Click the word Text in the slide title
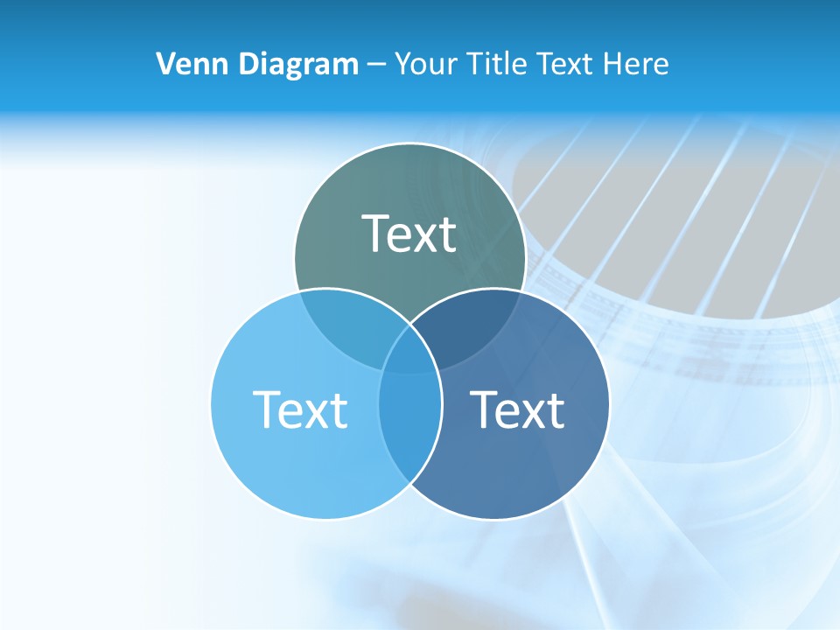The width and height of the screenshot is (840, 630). point(564,64)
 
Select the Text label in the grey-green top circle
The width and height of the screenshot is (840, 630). point(409,234)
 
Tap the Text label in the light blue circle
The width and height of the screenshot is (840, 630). point(300,409)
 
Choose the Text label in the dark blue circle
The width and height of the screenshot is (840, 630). point(517,409)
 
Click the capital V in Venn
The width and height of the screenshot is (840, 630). point(164,64)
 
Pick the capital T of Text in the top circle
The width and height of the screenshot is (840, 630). point(376,234)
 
